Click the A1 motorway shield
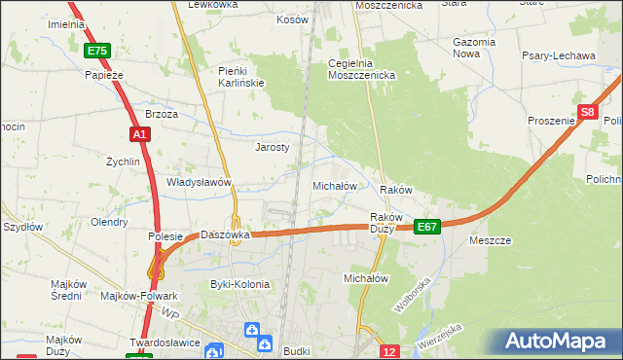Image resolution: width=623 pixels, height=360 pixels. coord(139,133)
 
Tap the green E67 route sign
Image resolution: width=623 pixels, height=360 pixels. coord(427,226)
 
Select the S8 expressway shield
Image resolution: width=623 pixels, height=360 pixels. coord(586,113)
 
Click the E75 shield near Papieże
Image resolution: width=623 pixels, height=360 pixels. coord(96,51)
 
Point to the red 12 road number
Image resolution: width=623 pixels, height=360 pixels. coord(389,350)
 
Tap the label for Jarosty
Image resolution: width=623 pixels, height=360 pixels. coord(273,147)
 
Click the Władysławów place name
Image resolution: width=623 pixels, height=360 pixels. coord(199,182)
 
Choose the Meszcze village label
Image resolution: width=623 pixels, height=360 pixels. coord(491,239)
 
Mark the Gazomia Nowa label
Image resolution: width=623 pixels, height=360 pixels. coord(474,49)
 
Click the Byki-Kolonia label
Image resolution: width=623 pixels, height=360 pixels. coord(239,284)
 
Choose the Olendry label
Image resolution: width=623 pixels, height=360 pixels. coord(108,221)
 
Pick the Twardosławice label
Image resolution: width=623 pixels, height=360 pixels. coord(165,343)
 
